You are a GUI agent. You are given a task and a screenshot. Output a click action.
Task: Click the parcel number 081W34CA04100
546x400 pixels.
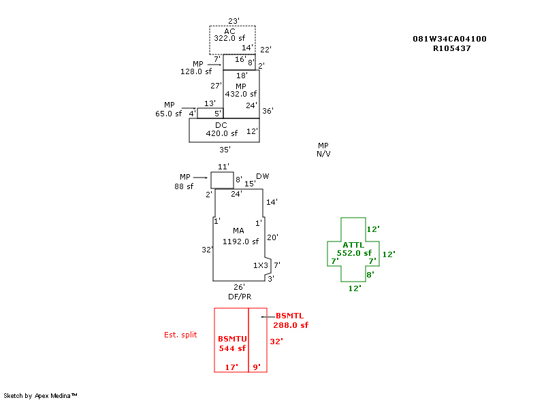click(449, 39)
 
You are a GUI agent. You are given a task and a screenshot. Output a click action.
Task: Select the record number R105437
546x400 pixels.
click(452, 49)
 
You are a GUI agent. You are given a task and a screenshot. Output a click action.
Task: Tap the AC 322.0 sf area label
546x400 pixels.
click(229, 35)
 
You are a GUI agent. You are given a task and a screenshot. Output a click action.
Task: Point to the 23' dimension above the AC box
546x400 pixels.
click(234, 21)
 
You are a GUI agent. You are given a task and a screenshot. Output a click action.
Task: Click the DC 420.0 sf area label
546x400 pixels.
click(221, 129)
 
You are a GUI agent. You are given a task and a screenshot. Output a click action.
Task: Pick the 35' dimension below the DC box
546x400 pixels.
click(225, 150)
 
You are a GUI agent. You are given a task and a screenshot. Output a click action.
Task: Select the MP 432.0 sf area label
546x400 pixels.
click(240, 90)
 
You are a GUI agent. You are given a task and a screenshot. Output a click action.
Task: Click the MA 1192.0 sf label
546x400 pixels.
click(240, 236)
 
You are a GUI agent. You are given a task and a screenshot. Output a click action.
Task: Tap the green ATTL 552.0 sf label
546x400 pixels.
click(354, 249)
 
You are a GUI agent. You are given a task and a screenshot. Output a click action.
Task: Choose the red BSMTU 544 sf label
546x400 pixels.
click(232, 344)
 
